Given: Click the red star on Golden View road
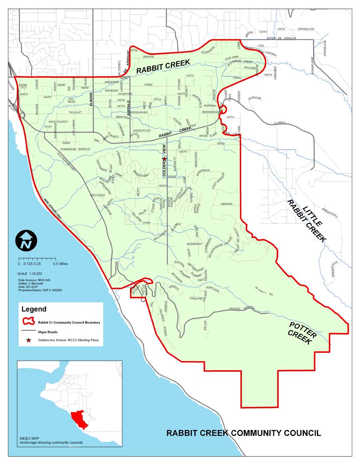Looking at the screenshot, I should (164, 159).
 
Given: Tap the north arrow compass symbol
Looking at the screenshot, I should (26, 241).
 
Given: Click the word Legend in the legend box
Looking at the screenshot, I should (34, 309).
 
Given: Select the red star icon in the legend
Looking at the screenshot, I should (28, 340).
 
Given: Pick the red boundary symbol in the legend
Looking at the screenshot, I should (28, 321).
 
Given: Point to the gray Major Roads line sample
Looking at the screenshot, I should (28, 331).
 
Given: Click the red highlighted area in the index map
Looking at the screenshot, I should (78, 418).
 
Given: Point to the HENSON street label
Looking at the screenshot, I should (226, 204).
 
